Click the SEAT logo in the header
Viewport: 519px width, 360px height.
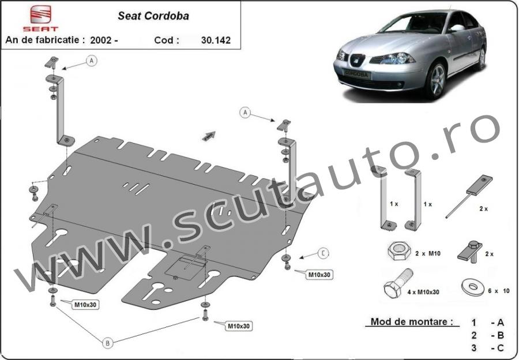(x=40, y=18)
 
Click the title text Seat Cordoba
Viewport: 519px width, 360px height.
(x=153, y=16)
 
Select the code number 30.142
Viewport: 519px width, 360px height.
(x=216, y=40)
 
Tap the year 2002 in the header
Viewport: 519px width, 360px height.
(x=101, y=40)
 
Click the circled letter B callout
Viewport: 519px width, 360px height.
(x=108, y=343)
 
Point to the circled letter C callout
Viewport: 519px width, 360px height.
(x=323, y=254)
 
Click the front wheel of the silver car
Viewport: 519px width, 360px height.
(x=437, y=80)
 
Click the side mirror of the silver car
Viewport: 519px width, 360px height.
(x=457, y=28)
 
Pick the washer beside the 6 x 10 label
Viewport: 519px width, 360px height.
(x=472, y=287)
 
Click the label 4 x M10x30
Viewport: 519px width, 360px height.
(x=423, y=292)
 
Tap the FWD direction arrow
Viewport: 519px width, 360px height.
(x=209, y=136)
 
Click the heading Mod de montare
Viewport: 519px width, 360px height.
(x=412, y=321)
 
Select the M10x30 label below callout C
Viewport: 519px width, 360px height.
(x=319, y=275)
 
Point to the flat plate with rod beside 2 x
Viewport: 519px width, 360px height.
(x=469, y=196)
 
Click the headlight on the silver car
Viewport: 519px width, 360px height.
(x=392, y=59)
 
